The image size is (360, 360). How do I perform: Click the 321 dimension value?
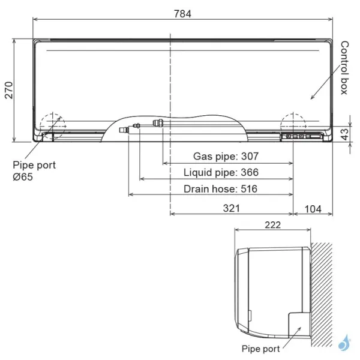pyautogui.click(x=232, y=208)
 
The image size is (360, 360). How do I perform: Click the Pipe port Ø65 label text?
pyautogui.click(x=34, y=170)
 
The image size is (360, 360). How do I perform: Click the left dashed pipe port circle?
pyautogui.click(x=52, y=124)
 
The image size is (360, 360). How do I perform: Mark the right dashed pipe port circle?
pyautogui.click(x=293, y=124)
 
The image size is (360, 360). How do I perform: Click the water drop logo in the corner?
pyautogui.click(x=345, y=344)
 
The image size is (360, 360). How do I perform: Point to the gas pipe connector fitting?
pyautogui.click(x=158, y=124)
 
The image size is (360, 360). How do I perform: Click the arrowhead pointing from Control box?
pyautogui.click(x=311, y=98)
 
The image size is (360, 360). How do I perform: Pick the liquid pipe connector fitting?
pyautogui.click(x=137, y=127)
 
